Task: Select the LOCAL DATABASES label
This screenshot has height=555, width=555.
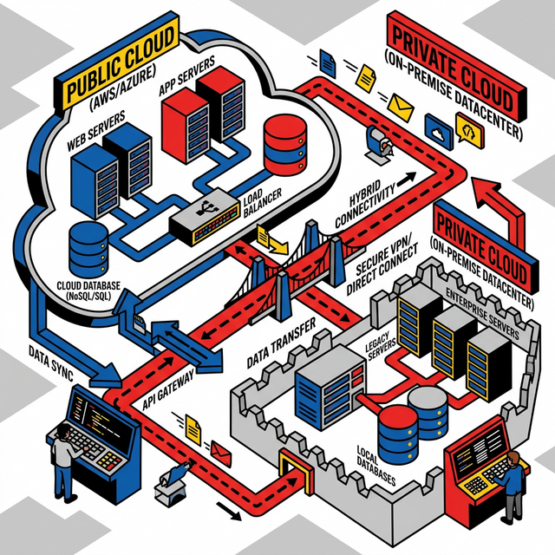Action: (377, 463)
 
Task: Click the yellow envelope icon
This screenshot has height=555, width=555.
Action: (401, 106)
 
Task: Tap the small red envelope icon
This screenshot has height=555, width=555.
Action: (219, 450)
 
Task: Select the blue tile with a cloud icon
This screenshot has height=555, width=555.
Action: (437, 129)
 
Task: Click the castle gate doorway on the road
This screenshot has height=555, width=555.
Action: (292, 473)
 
